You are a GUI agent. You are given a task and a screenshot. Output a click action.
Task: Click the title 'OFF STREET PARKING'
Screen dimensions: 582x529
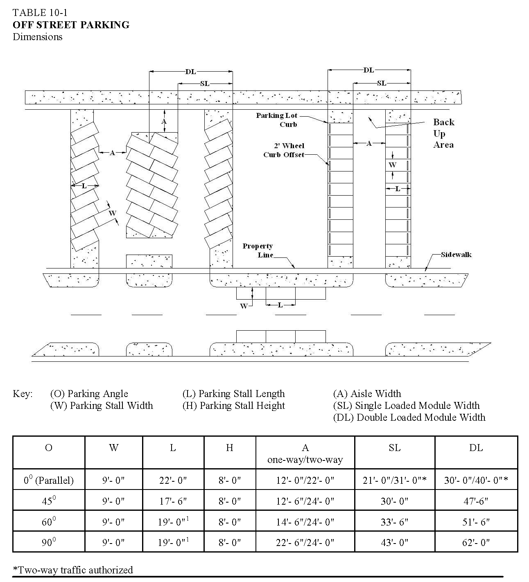71,25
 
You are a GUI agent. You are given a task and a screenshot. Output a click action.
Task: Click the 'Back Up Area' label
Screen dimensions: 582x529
443,133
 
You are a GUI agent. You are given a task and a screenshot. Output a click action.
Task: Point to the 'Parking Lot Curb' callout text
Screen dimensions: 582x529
277,120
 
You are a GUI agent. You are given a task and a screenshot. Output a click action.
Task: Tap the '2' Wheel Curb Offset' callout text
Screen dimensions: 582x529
284,150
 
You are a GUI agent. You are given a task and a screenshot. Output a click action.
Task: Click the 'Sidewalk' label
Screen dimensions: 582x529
456,255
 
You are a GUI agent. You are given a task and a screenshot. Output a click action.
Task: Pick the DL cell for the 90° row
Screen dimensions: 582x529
476,543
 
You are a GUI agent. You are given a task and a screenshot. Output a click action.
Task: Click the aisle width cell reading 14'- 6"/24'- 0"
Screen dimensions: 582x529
305,522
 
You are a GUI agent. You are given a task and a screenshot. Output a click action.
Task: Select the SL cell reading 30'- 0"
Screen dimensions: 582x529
394,501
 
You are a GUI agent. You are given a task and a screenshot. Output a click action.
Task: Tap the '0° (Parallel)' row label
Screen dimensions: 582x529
49,480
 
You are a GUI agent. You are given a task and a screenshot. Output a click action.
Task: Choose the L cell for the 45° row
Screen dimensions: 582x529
173,501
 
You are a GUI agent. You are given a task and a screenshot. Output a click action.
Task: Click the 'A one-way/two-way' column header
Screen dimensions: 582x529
305,453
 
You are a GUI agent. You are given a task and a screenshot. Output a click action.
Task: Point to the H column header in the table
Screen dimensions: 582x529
229,448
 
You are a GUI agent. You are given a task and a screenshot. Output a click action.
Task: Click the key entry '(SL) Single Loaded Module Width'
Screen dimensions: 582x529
406,406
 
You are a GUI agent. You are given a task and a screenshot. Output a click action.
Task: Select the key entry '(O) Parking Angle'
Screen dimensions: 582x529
89,394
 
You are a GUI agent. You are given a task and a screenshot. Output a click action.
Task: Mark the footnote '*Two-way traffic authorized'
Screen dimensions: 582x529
73,570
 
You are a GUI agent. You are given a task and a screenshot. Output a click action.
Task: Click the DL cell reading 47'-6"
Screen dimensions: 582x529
476,501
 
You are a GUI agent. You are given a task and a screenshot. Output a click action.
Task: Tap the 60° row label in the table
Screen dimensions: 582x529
49,522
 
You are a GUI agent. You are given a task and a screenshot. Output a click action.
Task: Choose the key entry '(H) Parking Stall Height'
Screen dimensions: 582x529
233,406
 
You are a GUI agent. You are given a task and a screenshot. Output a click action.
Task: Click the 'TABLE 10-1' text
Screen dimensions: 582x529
40,13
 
